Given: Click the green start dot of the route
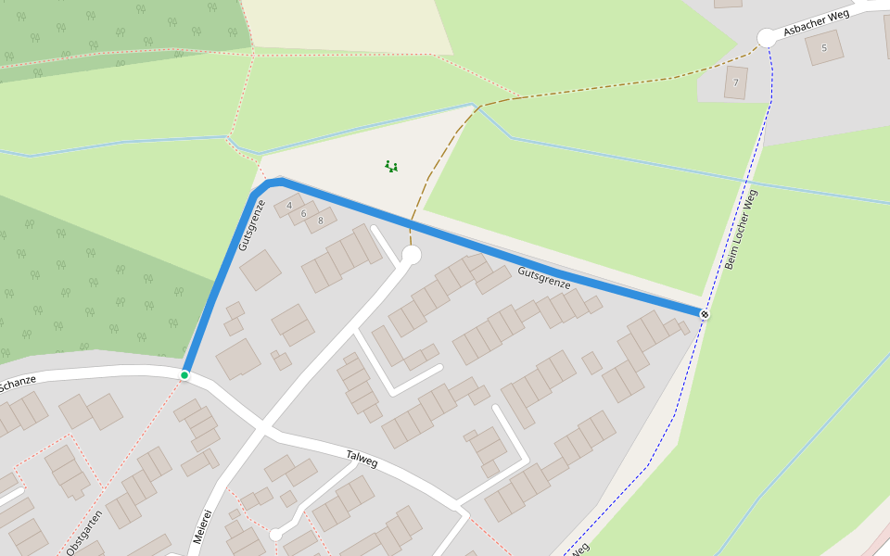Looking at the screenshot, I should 184,374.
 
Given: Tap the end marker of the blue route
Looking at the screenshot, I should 705,314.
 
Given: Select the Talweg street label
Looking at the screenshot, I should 362,457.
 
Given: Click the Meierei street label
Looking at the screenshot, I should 203,526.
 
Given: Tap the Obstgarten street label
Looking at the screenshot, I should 84,532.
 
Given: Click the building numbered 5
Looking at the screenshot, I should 823,47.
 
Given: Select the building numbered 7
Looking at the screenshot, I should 736,82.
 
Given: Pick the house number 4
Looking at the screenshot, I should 289,205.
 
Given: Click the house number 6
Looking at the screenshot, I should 303,213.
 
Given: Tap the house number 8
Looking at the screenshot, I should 321,221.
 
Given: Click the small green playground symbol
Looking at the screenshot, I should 391,167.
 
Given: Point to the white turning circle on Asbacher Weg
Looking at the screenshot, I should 767,38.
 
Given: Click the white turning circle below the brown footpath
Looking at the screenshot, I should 412,255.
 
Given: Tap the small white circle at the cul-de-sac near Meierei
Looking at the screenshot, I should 275,535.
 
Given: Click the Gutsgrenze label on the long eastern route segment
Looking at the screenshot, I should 544,278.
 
